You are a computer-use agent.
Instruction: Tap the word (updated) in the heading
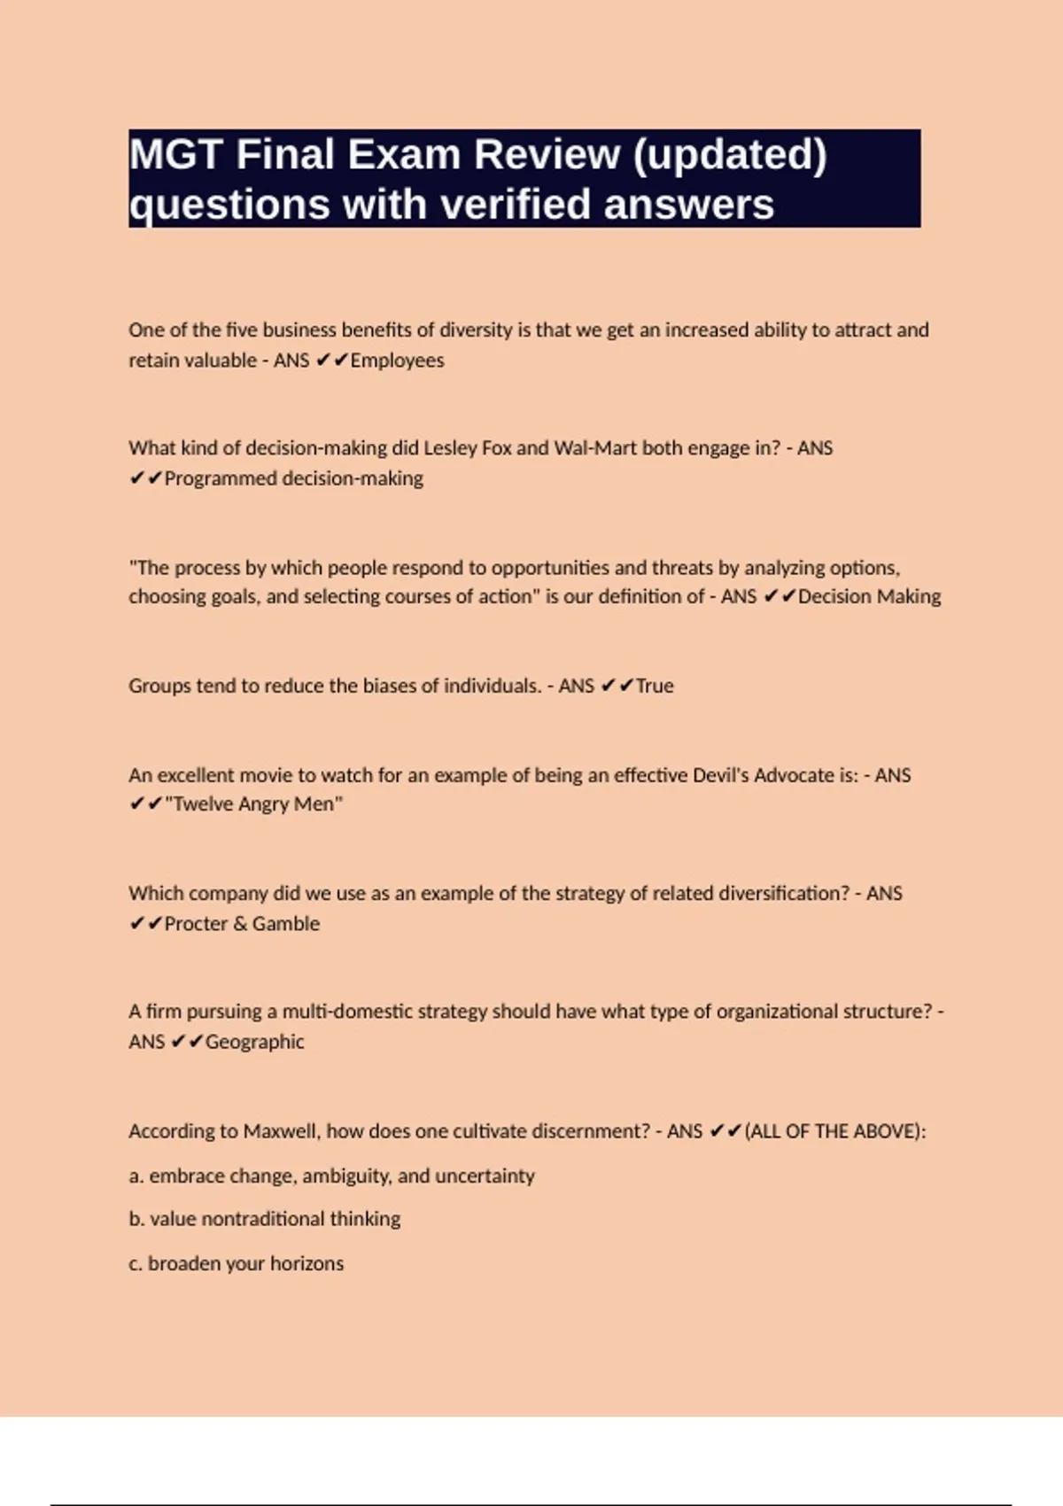click(x=729, y=154)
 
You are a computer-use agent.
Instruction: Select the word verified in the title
click(x=516, y=205)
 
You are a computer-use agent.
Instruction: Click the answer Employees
click(x=397, y=361)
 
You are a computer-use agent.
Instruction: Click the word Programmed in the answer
click(x=221, y=478)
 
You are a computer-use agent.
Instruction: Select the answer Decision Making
click(x=869, y=596)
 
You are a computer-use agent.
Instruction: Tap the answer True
click(x=655, y=686)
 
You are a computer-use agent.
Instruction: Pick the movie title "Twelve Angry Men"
click(x=253, y=804)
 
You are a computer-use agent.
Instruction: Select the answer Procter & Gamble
click(x=242, y=923)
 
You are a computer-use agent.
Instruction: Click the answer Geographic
click(x=254, y=1042)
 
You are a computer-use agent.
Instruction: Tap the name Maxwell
click(x=279, y=1131)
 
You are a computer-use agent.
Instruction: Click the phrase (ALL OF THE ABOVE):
click(x=835, y=1131)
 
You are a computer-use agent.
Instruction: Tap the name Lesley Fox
click(x=467, y=448)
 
